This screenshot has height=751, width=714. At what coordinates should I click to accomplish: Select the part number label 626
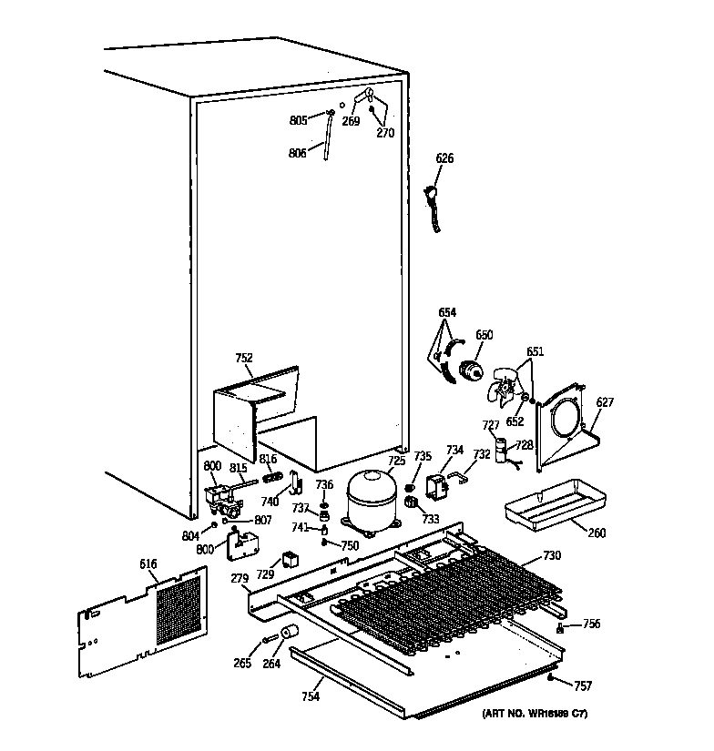click(x=444, y=158)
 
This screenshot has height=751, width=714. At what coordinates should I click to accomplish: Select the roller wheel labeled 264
click(x=291, y=635)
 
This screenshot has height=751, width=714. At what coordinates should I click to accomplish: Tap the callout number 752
click(x=244, y=358)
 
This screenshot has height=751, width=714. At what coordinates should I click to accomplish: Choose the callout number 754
click(x=311, y=696)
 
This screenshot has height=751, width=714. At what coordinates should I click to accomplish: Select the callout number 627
click(x=605, y=401)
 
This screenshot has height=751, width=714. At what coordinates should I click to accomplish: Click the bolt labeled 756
click(x=561, y=628)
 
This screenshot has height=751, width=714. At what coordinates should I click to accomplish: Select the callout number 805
click(x=298, y=120)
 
